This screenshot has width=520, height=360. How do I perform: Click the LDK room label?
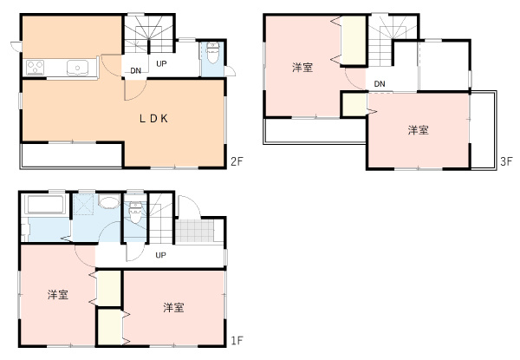pos(153,120)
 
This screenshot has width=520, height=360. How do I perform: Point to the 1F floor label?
pos(236,339)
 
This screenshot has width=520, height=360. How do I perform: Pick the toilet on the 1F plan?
pos(134,213)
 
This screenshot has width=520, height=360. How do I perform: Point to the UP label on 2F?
pos(162,63)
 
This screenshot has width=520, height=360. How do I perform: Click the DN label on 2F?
pos(136,71)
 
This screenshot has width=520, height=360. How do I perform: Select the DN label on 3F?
pos(380,83)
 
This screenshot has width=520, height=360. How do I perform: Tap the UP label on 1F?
pos(160,255)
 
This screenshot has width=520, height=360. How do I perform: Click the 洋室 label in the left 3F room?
pos(302,67)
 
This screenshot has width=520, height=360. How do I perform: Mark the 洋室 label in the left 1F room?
pos(58,296)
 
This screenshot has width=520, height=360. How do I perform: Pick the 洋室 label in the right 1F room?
pos(172,307)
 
